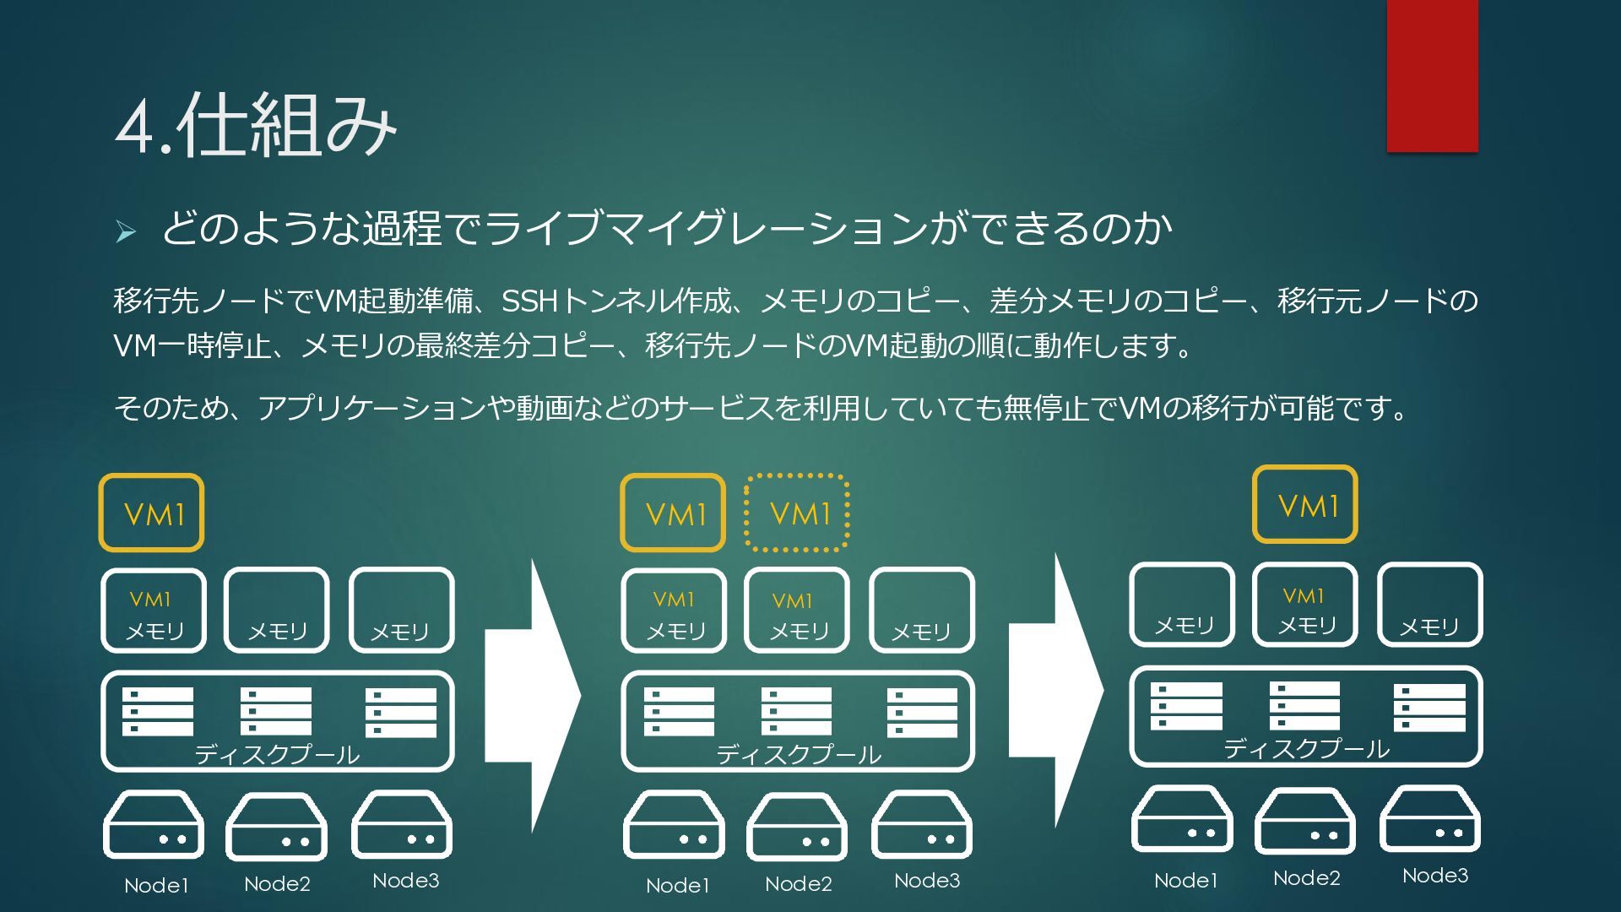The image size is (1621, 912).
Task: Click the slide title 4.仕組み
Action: click(x=256, y=125)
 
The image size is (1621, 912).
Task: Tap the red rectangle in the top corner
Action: click(x=1432, y=76)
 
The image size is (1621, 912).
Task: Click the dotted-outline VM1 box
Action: click(x=796, y=513)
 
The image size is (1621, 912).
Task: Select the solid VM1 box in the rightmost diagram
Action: click(x=1305, y=504)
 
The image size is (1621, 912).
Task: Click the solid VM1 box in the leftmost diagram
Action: click(x=151, y=513)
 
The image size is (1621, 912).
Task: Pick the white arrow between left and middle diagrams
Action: click(x=533, y=697)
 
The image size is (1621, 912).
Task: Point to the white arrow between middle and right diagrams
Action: click(x=1056, y=691)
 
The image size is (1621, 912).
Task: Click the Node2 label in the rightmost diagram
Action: click(x=1306, y=878)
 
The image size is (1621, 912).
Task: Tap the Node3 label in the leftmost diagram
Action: click(x=405, y=881)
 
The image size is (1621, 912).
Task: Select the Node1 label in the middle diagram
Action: click(x=677, y=886)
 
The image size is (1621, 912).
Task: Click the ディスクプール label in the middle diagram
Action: click(x=799, y=754)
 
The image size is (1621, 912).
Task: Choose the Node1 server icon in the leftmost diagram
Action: click(x=154, y=825)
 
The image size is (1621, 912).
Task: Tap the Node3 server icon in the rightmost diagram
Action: click(x=1430, y=819)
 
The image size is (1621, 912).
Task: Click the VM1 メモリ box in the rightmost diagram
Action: click(x=1305, y=605)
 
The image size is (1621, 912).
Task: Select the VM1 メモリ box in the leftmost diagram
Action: click(x=154, y=611)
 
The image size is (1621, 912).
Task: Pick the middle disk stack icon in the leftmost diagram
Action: click(x=276, y=711)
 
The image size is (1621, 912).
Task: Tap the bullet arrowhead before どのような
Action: click(x=126, y=231)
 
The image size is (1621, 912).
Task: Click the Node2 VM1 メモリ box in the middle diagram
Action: click(x=797, y=611)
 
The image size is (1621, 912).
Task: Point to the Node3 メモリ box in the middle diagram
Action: click(x=922, y=611)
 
